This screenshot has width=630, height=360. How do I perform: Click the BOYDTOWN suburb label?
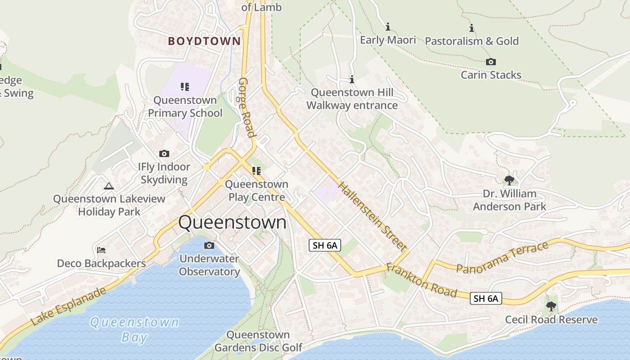pyautogui.click(x=204, y=41)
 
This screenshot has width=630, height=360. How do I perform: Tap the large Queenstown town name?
pyautogui.click(x=232, y=222)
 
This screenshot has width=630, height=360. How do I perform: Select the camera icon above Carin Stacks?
pyautogui.click(x=491, y=62)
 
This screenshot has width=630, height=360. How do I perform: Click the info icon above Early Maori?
pyautogui.click(x=388, y=27)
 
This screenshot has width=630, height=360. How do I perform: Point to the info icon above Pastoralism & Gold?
pyautogui.click(x=472, y=28)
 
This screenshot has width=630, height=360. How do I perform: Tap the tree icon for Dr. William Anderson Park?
pyautogui.click(x=509, y=180)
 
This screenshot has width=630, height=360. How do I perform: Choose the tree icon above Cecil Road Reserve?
pyautogui.click(x=551, y=306)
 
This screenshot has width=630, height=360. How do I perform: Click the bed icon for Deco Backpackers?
pyautogui.click(x=101, y=250)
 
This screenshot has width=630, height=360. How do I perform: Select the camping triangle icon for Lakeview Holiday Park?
pyautogui.click(x=109, y=185)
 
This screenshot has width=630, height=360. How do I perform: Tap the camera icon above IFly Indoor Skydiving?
pyautogui.click(x=164, y=153)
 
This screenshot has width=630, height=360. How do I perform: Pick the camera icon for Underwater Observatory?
pyautogui.click(x=209, y=245)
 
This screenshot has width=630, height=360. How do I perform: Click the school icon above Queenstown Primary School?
pyautogui.click(x=185, y=86)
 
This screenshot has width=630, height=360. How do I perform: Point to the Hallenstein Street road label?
pyautogui.click(x=373, y=216)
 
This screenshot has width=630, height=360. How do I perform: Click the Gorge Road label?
pyautogui.click(x=247, y=108)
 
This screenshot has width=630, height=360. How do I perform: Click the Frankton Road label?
pyautogui.click(x=422, y=281)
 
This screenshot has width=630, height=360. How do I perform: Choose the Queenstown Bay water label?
pyautogui.click(x=134, y=329)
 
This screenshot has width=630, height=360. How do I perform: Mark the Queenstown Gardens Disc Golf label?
pyautogui.click(x=258, y=341)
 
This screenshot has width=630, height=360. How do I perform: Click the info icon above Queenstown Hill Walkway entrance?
pyautogui.click(x=352, y=80)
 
